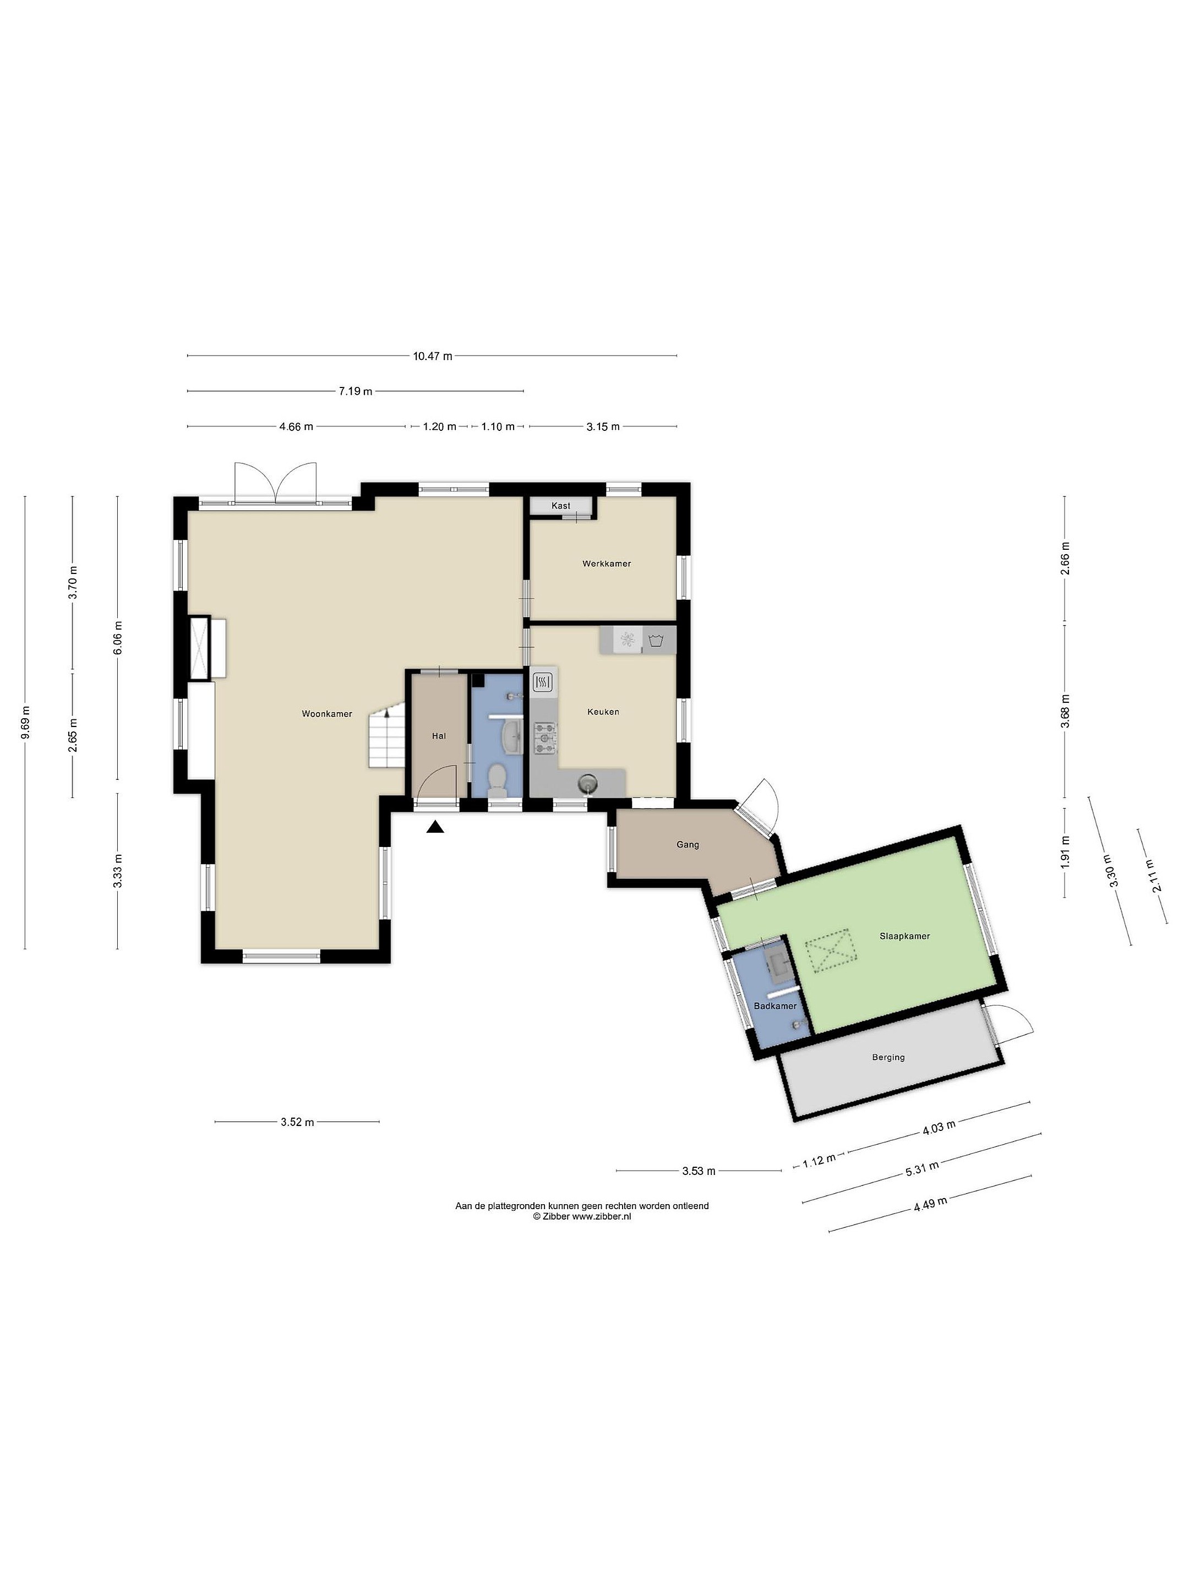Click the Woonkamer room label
click(327, 714)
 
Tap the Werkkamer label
click(606, 563)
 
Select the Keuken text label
click(603, 712)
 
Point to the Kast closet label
click(561, 506)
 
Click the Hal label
click(439, 736)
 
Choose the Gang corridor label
click(688, 845)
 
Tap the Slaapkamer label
click(904, 936)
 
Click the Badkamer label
click(775, 1006)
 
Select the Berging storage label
click(888, 1057)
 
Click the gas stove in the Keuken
click(544, 738)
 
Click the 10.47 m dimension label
click(432, 356)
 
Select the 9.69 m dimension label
click(25, 722)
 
